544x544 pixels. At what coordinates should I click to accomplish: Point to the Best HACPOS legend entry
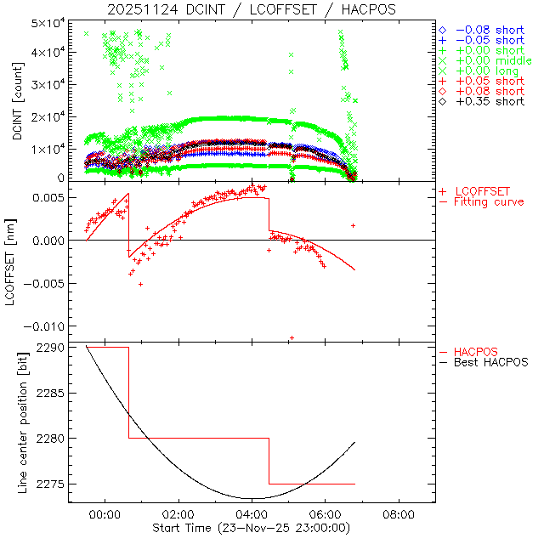[491, 362]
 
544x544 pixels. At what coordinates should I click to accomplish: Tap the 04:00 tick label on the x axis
[252, 514]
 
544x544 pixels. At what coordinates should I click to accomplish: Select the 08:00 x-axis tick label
[399, 514]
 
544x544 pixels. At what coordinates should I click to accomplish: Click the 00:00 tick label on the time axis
[105, 514]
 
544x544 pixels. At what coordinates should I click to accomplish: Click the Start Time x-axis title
[252, 528]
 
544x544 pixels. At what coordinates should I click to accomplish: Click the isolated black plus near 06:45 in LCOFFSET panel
[353, 225]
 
